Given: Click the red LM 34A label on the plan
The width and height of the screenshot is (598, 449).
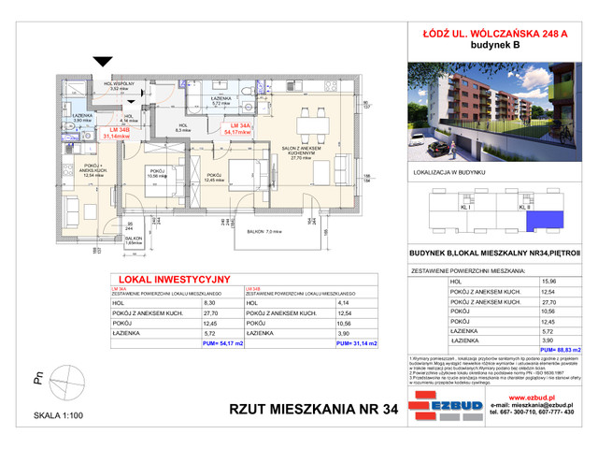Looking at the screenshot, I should (x=246, y=125).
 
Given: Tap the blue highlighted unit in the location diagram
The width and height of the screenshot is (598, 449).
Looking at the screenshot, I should (x=539, y=222).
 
